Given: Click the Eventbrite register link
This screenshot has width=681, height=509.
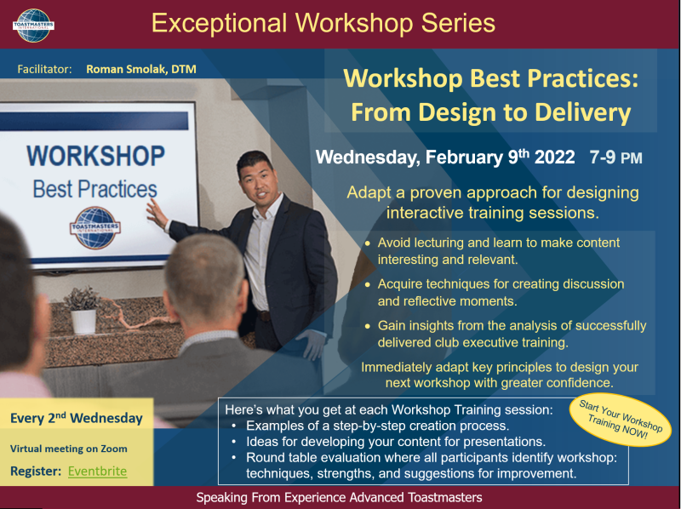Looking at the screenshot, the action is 97,472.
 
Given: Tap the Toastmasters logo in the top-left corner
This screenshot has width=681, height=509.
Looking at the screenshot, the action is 33,26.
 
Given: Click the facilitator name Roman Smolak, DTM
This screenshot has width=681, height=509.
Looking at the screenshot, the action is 141,69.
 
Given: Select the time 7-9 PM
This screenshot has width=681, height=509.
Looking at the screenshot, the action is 615,157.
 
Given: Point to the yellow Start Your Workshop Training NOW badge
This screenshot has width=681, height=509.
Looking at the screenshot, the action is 621,420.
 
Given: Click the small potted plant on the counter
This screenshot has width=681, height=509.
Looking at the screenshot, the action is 83,310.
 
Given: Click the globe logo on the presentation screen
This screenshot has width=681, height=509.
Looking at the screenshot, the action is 95,228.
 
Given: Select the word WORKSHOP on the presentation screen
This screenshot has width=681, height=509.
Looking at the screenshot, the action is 95,156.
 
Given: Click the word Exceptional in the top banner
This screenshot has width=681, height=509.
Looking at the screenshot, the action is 220,23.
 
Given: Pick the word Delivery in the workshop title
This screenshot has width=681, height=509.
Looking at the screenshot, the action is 582,112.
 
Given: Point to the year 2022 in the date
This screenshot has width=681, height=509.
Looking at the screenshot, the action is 555,157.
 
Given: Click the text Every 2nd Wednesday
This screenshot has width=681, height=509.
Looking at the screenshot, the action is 77,418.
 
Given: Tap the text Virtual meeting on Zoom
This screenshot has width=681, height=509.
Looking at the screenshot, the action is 69,449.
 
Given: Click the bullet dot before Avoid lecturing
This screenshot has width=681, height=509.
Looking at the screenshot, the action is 368,243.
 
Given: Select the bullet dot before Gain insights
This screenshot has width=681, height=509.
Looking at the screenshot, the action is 368,326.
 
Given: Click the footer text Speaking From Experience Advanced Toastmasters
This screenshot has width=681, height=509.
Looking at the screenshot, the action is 339,497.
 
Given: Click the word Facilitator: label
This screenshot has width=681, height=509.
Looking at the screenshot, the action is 45,69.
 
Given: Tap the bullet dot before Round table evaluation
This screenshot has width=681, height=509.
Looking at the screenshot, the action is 235,458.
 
